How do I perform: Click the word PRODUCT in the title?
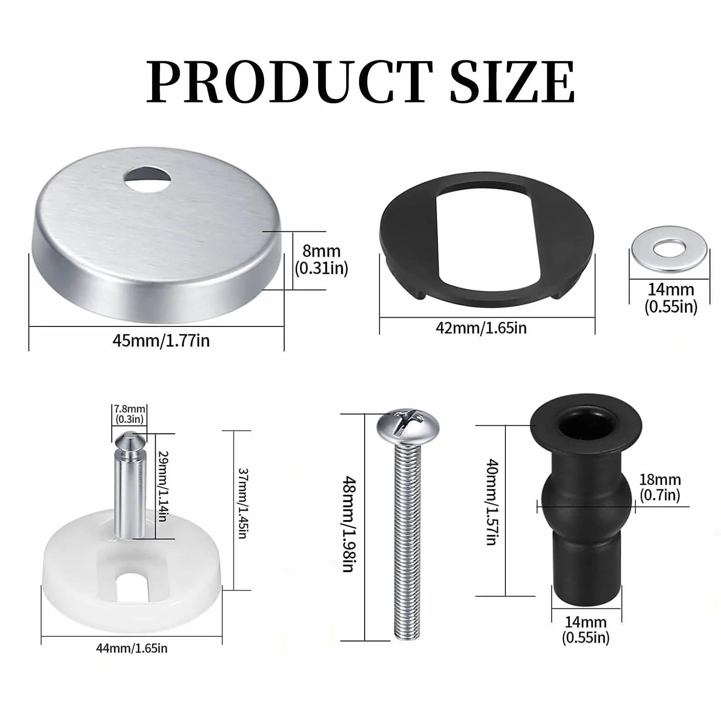tap(290, 82)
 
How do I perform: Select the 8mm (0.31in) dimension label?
tap(321, 259)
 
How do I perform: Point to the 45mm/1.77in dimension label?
tap(161, 340)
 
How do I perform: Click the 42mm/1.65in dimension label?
tap(481, 328)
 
